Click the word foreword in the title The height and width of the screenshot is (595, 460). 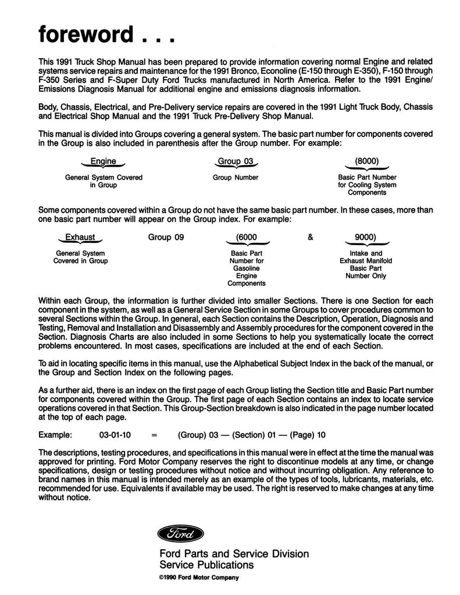[89, 34]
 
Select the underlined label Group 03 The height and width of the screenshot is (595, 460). [236, 162]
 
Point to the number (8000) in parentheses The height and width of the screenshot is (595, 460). [367, 162]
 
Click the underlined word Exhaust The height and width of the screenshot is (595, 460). [80, 237]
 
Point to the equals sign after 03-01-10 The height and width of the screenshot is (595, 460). [154, 434]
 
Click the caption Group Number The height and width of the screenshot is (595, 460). [236, 177]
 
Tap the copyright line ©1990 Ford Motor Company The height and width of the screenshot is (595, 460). [199, 578]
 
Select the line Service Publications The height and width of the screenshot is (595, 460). [207, 564]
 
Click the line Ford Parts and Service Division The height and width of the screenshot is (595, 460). [234, 553]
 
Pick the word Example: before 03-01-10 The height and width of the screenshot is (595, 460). [56, 434]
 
